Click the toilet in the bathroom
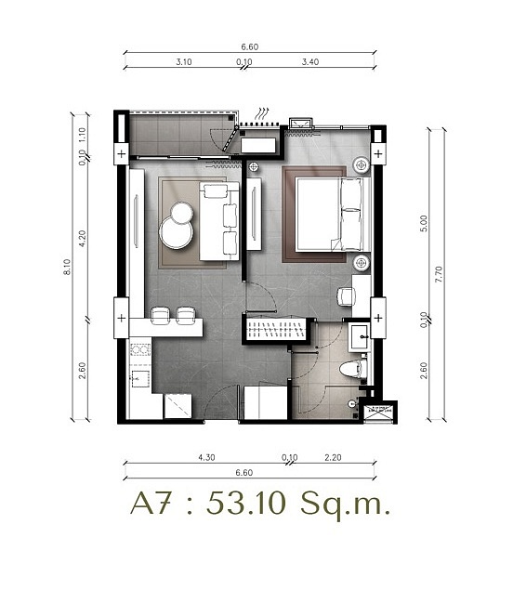(350, 370)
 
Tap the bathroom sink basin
(360, 337)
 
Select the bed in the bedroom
(333, 215)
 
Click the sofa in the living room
(219, 221)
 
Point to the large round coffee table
(177, 234)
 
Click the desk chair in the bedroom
(346, 296)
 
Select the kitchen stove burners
(139, 350)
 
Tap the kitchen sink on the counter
(139, 379)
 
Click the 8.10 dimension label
(67, 267)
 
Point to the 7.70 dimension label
(439, 274)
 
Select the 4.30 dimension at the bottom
(206, 458)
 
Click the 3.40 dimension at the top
(310, 61)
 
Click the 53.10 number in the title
(246, 503)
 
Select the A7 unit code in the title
(151, 503)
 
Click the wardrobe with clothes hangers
(275, 329)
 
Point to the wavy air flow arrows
(263, 113)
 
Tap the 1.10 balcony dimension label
(83, 136)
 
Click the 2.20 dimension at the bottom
(333, 458)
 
